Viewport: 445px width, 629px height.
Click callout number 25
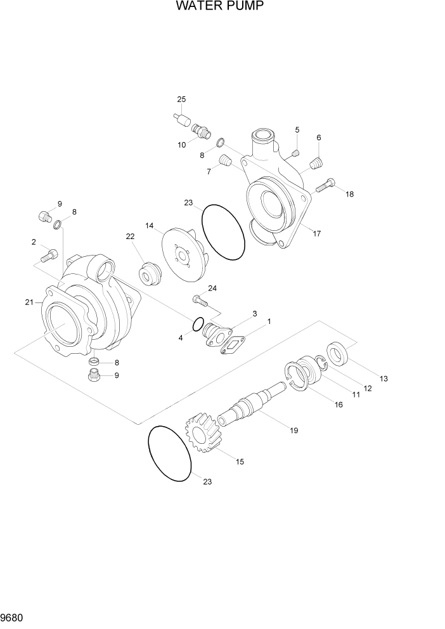click(181, 100)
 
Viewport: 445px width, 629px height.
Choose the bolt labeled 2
click(49, 256)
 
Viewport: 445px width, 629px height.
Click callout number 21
click(29, 302)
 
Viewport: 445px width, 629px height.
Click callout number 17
click(317, 233)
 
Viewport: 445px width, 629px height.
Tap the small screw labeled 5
click(294, 152)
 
